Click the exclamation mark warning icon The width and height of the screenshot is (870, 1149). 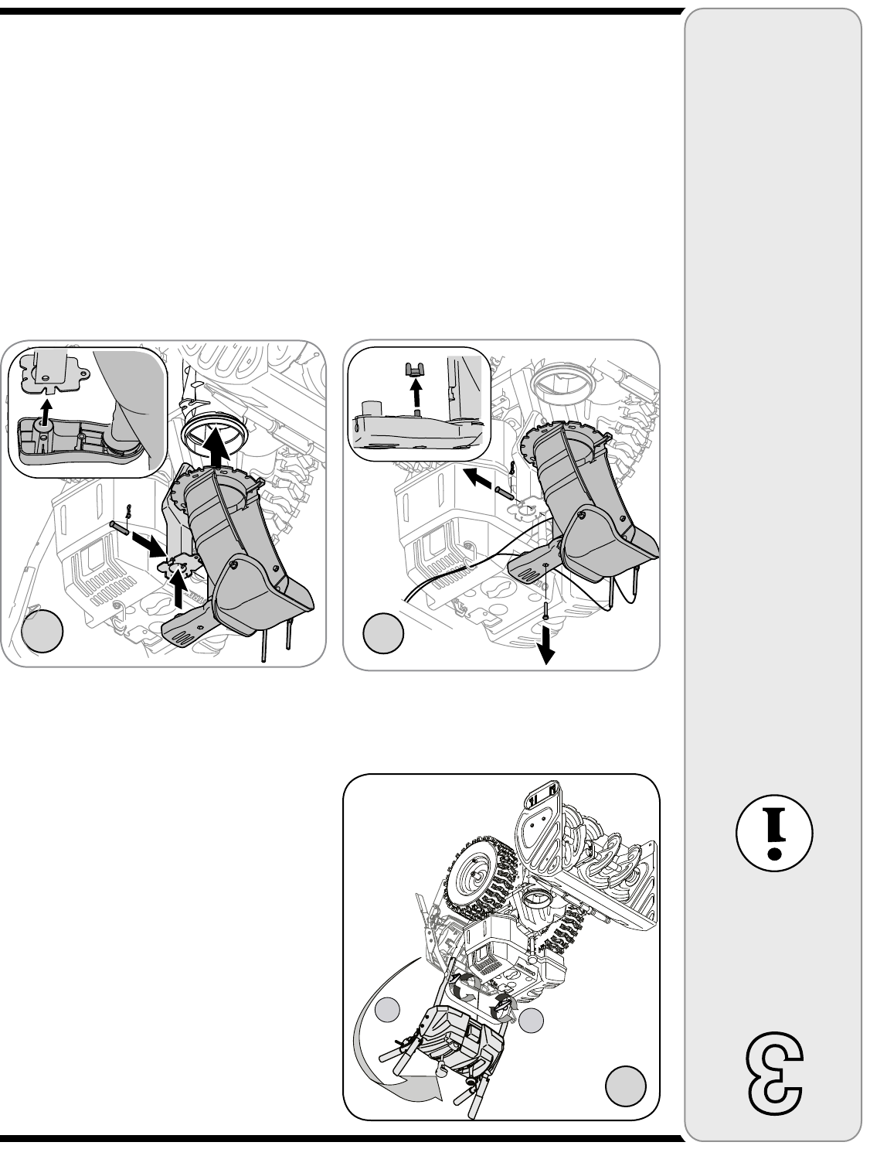pos(773,834)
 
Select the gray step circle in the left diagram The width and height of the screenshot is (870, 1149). pos(42,631)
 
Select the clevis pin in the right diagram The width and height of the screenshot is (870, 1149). pos(505,493)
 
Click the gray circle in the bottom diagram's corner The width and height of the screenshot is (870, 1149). pos(625,1086)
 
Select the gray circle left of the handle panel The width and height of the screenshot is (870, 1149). pos(387,1010)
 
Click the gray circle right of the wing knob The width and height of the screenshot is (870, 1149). pos(532,1020)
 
